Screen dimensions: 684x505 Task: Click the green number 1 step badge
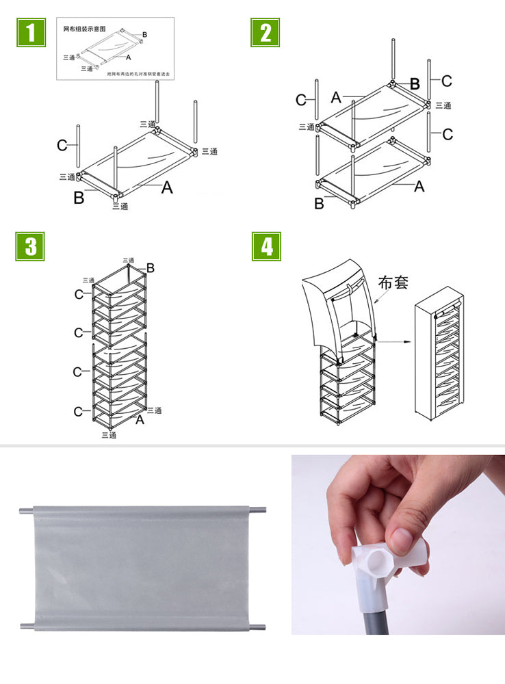(30, 32)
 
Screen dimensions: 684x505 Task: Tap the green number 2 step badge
(266, 32)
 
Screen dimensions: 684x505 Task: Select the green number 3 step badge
(30, 246)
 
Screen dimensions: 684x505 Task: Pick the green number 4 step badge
(266, 246)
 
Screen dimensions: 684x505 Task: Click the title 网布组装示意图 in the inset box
(84, 29)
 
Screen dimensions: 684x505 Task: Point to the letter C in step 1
(62, 145)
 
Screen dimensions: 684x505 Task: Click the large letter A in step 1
(167, 187)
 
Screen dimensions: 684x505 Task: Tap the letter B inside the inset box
(144, 34)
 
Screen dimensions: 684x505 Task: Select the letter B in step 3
(150, 268)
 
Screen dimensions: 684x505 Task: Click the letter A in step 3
(140, 419)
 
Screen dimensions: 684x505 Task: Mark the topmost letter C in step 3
(79, 294)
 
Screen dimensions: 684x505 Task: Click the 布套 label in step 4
(393, 282)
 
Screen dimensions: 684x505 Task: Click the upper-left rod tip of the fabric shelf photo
(23, 510)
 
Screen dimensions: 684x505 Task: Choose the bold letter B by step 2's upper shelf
(414, 83)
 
